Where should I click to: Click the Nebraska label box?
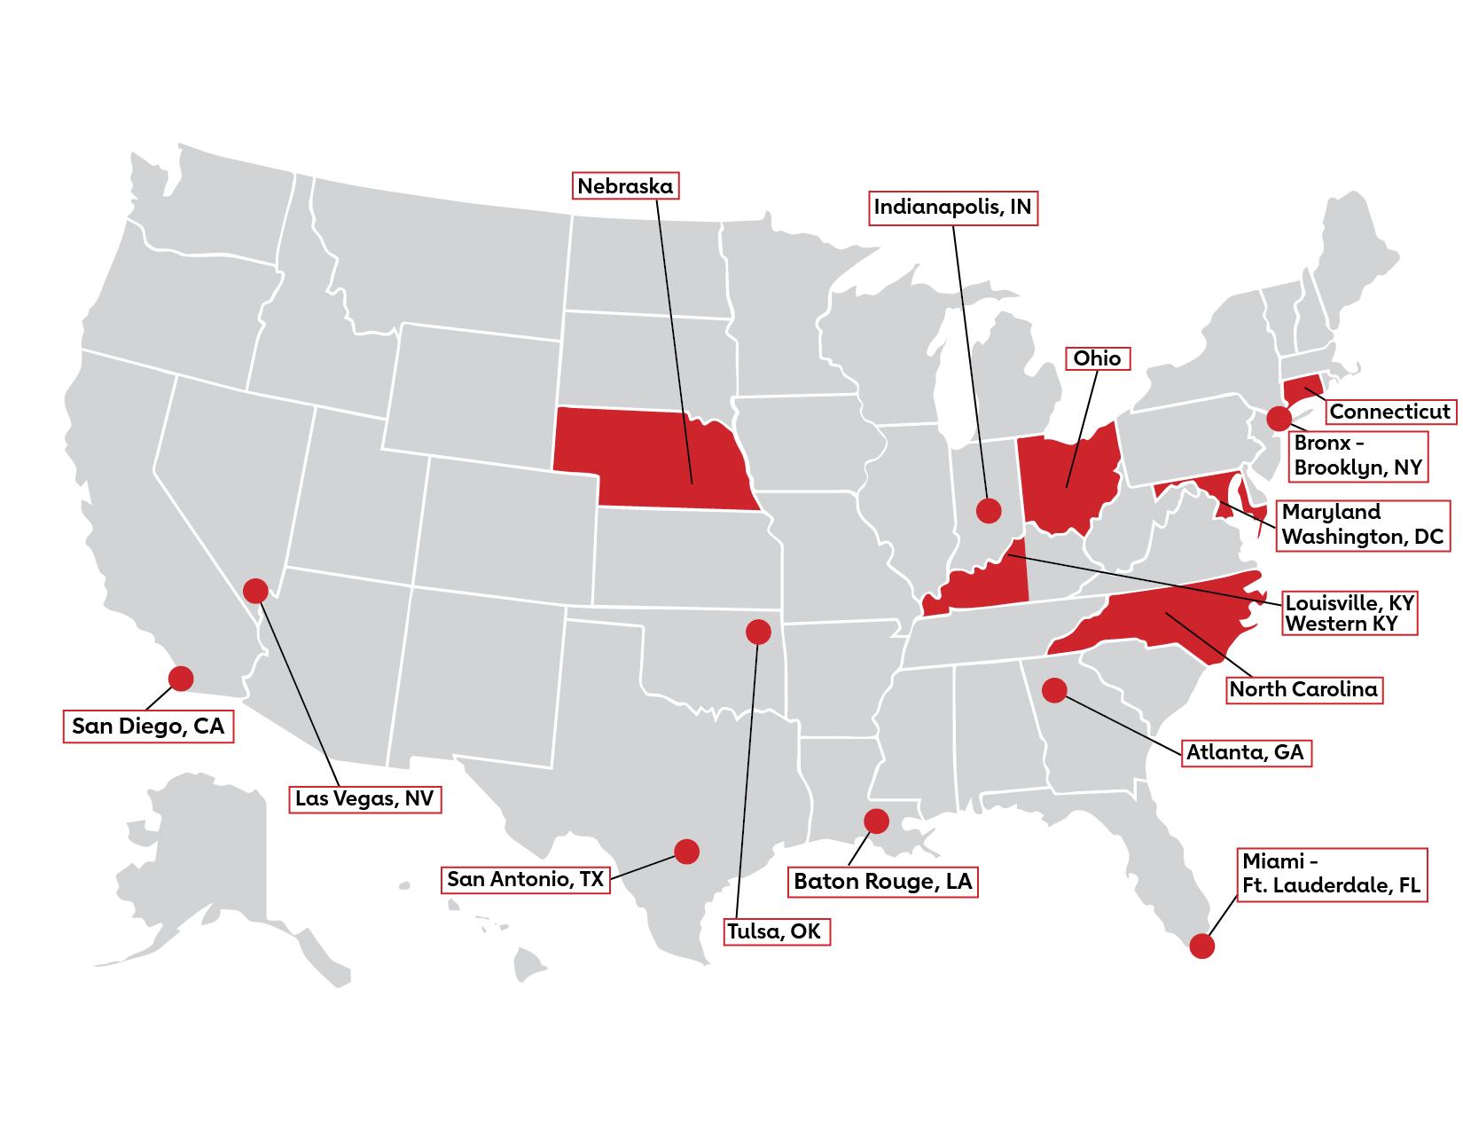click(625, 186)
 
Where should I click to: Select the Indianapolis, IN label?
click(952, 208)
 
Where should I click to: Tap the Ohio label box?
click(1097, 358)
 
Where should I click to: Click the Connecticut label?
click(1389, 412)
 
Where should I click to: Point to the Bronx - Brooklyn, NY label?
click(1357, 456)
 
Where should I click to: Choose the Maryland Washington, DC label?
click(1362, 525)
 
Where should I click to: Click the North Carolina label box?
click(1303, 689)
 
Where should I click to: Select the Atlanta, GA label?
click(1245, 752)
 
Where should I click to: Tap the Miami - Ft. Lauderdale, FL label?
click(1331, 874)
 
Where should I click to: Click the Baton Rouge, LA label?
click(883, 882)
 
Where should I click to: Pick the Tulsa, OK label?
click(775, 931)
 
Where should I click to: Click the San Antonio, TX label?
click(526, 879)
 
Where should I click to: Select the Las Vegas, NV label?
click(364, 798)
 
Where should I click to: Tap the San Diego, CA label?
click(148, 726)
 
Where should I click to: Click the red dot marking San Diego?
click(181, 679)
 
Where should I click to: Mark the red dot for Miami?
click(1202, 946)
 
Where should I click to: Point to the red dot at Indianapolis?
click(989, 510)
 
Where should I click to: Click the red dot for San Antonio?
click(686, 852)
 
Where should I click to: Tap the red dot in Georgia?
click(1054, 689)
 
